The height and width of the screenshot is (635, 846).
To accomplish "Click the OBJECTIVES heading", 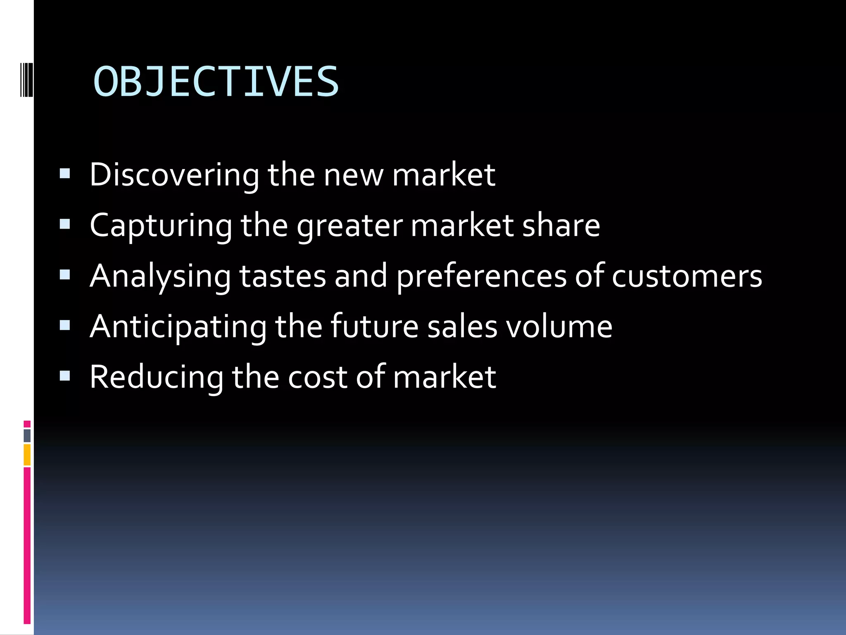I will (x=216, y=82).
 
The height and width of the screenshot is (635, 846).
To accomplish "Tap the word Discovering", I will (x=174, y=175).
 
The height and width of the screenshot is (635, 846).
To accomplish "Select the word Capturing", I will (x=161, y=226).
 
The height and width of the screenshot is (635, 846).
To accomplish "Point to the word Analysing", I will (x=160, y=276).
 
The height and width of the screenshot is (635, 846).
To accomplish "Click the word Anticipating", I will (x=178, y=327).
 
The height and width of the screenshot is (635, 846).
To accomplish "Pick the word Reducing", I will (x=156, y=377).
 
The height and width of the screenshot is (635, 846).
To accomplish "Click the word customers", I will (x=687, y=276).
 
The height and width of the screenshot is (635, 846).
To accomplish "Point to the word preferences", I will (x=481, y=276).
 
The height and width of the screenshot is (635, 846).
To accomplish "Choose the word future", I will (x=374, y=327).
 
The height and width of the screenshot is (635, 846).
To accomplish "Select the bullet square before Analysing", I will (x=65, y=275).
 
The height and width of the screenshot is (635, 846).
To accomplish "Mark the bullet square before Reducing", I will (x=65, y=375).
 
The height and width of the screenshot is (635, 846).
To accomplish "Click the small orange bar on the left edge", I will (x=27, y=455).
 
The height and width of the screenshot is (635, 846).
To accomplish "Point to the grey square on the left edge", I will (x=27, y=435).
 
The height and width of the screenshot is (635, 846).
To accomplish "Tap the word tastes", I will (x=283, y=276).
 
